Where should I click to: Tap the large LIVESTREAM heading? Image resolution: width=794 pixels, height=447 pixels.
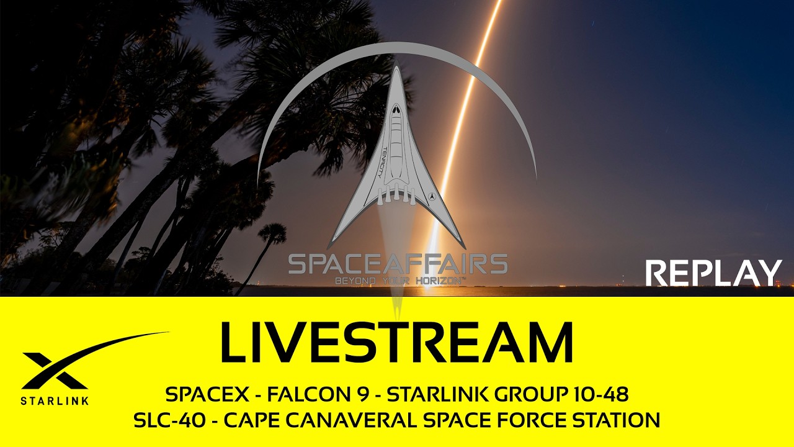(396, 343)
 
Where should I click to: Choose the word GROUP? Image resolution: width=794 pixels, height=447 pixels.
(515, 394)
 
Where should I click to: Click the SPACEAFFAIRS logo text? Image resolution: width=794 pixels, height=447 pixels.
(398, 264)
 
